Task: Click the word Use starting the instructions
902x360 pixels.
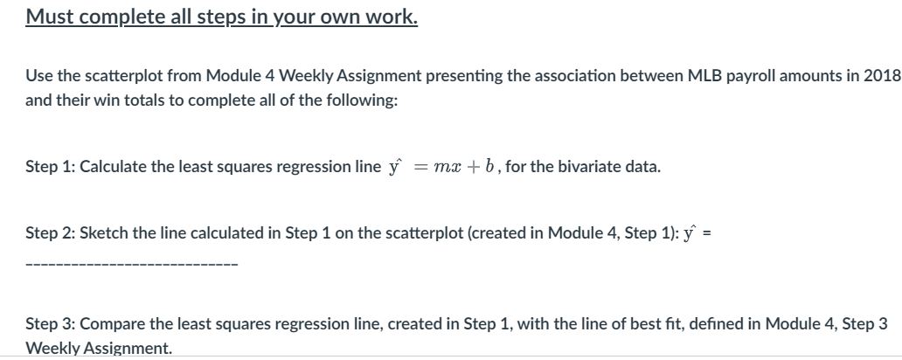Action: [x=38, y=75]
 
